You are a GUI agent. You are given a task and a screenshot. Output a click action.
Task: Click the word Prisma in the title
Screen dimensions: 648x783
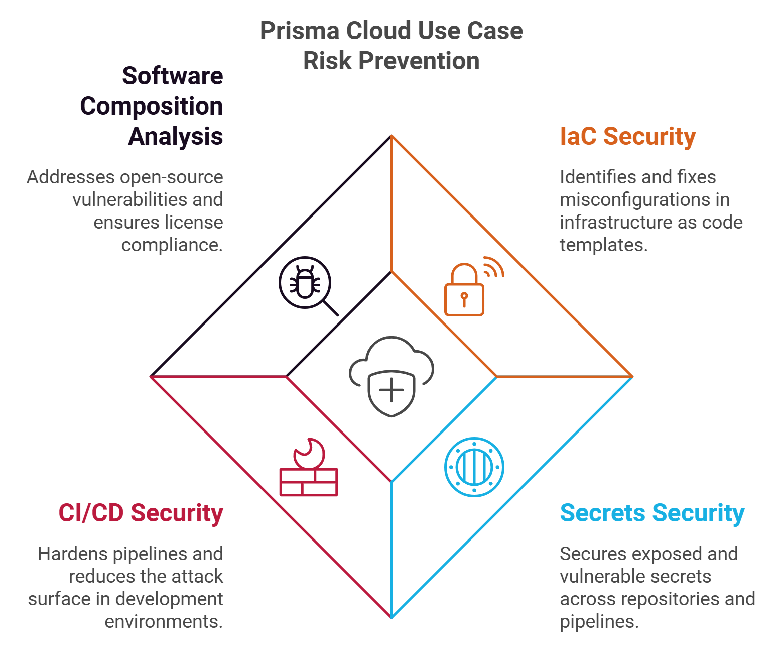[299, 31]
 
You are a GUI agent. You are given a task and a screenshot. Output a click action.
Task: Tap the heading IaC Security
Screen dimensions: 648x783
[627, 136]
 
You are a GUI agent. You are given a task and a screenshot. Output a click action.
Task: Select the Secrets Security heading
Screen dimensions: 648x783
[651, 513]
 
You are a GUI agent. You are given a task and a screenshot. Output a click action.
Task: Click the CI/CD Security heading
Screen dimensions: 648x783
[141, 513]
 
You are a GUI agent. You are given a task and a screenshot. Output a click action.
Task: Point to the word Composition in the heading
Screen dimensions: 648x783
[151, 106]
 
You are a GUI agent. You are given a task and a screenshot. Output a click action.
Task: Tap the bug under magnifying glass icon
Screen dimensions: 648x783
[305, 282]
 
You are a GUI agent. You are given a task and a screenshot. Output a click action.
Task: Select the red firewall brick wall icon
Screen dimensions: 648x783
[309, 482]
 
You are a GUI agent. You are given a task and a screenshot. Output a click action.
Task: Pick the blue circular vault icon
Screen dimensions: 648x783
[474, 467]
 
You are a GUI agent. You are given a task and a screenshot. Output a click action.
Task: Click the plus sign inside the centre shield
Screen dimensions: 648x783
[391, 390]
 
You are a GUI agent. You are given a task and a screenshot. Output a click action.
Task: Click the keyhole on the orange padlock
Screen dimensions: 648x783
[464, 298]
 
